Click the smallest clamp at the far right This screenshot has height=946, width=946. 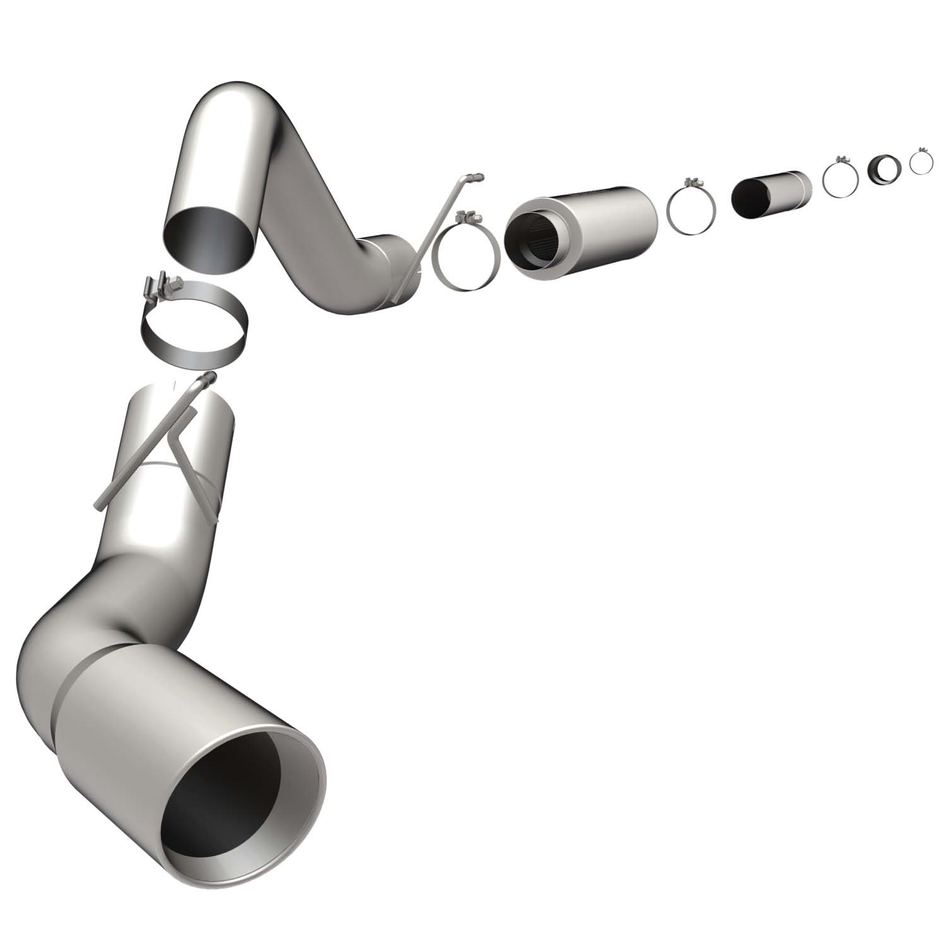click(921, 161)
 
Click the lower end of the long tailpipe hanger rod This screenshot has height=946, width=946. click(101, 505)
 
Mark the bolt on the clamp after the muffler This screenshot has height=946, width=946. click(694, 183)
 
